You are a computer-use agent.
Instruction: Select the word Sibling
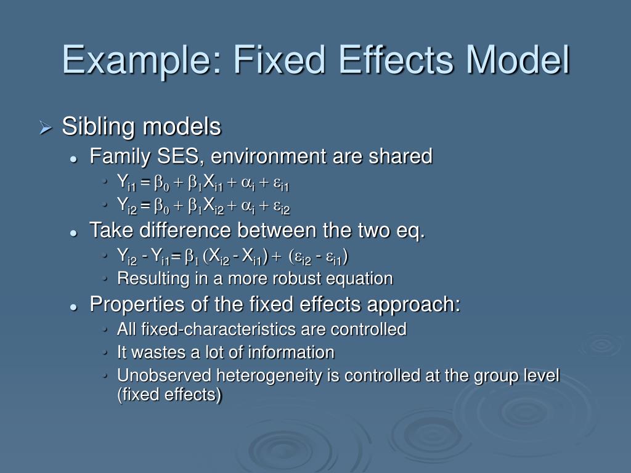tap(99, 127)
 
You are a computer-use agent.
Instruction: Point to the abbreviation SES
tap(177, 156)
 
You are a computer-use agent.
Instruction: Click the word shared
tap(401, 156)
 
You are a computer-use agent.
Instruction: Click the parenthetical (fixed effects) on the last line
tap(169, 395)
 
